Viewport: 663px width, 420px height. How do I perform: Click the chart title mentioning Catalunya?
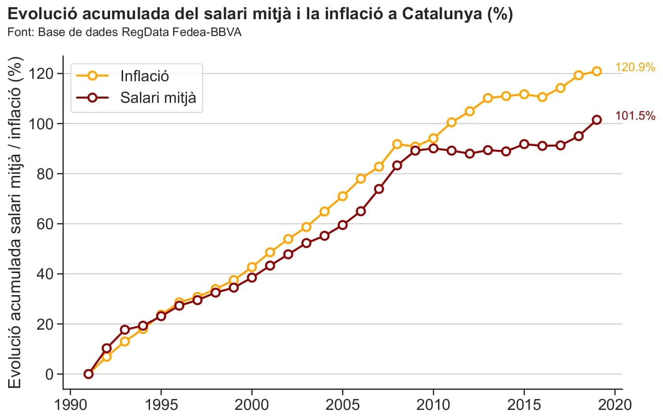(x=260, y=14)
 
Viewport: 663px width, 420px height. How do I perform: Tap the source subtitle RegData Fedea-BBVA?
(x=125, y=33)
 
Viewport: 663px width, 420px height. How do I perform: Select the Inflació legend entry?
(x=144, y=76)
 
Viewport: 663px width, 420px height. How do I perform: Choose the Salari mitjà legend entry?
(x=158, y=98)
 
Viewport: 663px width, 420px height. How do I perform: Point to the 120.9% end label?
(x=635, y=67)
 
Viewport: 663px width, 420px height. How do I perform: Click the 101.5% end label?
(x=635, y=116)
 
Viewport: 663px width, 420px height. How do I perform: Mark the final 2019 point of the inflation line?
(x=597, y=71)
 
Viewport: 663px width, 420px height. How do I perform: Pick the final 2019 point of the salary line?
(x=597, y=120)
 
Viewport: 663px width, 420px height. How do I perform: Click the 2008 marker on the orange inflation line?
(x=397, y=144)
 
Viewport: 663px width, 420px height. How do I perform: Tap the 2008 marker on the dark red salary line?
(x=397, y=165)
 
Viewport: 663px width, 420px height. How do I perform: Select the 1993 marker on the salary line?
(x=125, y=330)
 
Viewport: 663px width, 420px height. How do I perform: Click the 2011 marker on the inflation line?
(x=451, y=122)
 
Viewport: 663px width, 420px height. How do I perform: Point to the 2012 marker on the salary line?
(x=470, y=154)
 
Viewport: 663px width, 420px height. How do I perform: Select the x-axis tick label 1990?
(x=70, y=405)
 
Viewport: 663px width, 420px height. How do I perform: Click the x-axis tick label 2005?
(x=342, y=405)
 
